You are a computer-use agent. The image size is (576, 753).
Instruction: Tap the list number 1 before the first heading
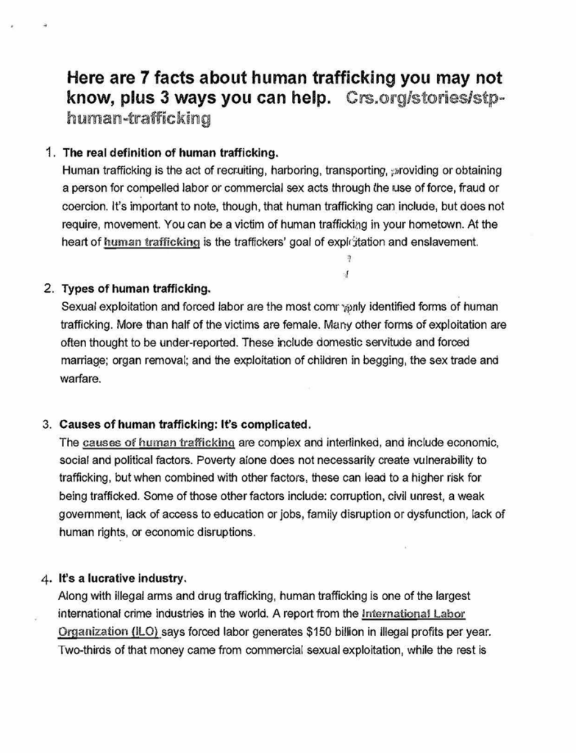click(x=50, y=154)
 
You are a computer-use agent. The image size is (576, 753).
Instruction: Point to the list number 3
click(x=47, y=424)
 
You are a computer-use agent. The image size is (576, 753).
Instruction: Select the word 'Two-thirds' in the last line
click(x=87, y=649)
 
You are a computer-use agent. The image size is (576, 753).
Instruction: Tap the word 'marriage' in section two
click(x=83, y=360)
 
